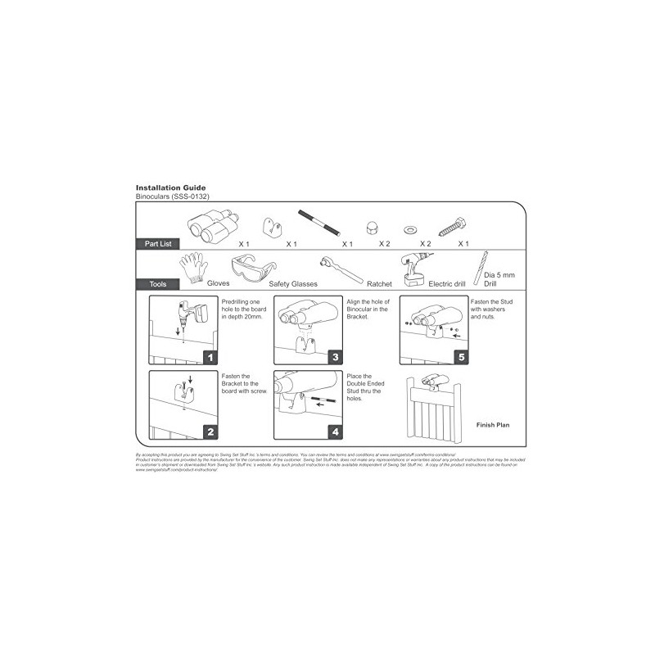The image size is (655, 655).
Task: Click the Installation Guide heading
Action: point(170,187)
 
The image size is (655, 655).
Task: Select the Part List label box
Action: point(158,244)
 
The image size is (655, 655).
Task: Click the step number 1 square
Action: point(210,357)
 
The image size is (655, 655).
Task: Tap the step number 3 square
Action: point(336,357)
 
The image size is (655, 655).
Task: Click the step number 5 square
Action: point(461,357)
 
